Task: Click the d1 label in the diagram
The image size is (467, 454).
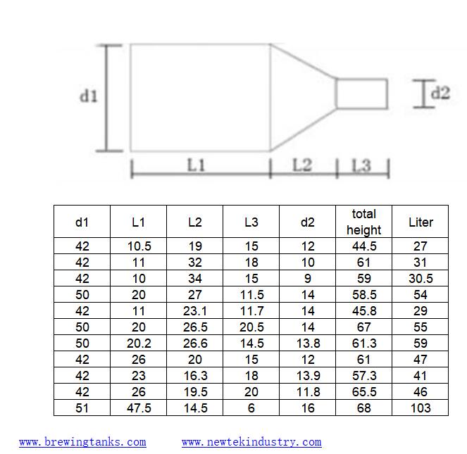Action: pyautogui.click(x=88, y=96)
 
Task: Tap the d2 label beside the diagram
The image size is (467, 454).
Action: pyautogui.click(x=440, y=92)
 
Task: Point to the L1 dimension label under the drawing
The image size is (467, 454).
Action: pyautogui.click(x=196, y=165)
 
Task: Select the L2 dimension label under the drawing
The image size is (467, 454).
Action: pyautogui.click(x=301, y=165)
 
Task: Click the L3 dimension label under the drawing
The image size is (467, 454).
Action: pyautogui.click(x=361, y=165)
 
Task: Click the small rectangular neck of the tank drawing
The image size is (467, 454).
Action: pyautogui.click(x=361, y=94)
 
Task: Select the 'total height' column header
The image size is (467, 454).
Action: pyautogui.click(x=363, y=222)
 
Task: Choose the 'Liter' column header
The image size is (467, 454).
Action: pyautogui.click(x=421, y=222)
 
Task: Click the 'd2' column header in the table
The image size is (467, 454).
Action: pyautogui.click(x=308, y=222)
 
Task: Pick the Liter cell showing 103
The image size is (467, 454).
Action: pyautogui.click(x=421, y=408)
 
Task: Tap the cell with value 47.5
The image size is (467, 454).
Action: pyautogui.click(x=139, y=408)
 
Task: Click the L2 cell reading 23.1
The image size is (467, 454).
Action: pyautogui.click(x=195, y=310)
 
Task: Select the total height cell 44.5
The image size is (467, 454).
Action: pyautogui.click(x=363, y=246)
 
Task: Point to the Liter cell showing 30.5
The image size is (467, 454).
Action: pyautogui.click(x=421, y=279)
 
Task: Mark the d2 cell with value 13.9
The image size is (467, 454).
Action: pyautogui.click(x=308, y=375)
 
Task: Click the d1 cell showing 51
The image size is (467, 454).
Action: pyautogui.click(x=82, y=408)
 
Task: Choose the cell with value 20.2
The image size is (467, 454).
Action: pyautogui.click(x=139, y=343)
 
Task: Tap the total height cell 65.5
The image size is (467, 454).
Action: pyautogui.click(x=363, y=391)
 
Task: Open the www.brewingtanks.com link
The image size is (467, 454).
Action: pyautogui.click(x=82, y=442)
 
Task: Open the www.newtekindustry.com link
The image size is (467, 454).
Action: pyautogui.click(x=251, y=442)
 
